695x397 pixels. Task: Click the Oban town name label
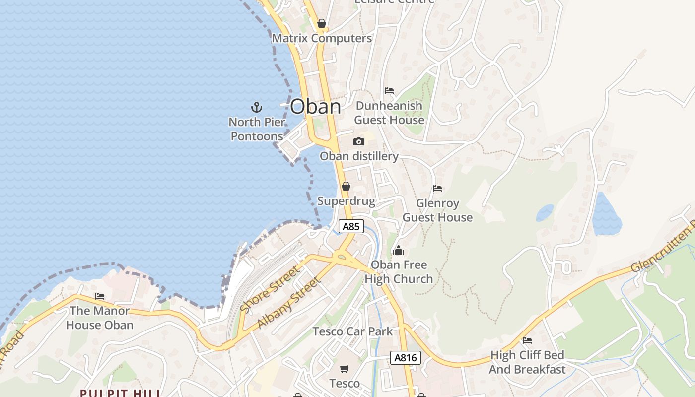(x=316, y=107)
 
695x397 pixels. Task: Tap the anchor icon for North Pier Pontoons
(x=256, y=107)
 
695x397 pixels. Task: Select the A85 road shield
(x=351, y=226)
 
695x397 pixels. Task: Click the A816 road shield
(x=405, y=358)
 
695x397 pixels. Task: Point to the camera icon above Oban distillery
(x=359, y=142)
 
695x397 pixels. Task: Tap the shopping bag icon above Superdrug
(x=346, y=187)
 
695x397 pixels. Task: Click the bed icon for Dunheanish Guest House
(x=389, y=91)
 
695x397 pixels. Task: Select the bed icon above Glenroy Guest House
(x=437, y=189)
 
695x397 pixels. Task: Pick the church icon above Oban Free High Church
(x=399, y=250)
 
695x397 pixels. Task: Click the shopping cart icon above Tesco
(x=345, y=369)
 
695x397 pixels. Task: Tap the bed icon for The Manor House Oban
(x=100, y=296)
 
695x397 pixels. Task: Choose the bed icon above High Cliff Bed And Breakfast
(x=527, y=340)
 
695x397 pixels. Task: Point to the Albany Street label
(x=288, y=304)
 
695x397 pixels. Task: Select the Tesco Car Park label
(x=352, y=331)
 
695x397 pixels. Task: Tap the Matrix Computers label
(x=322, y=38)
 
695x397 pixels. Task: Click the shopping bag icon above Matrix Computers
(x=322, y=23)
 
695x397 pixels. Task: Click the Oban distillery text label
(x=359, y=156)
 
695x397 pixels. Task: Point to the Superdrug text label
(x=346, y=201)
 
